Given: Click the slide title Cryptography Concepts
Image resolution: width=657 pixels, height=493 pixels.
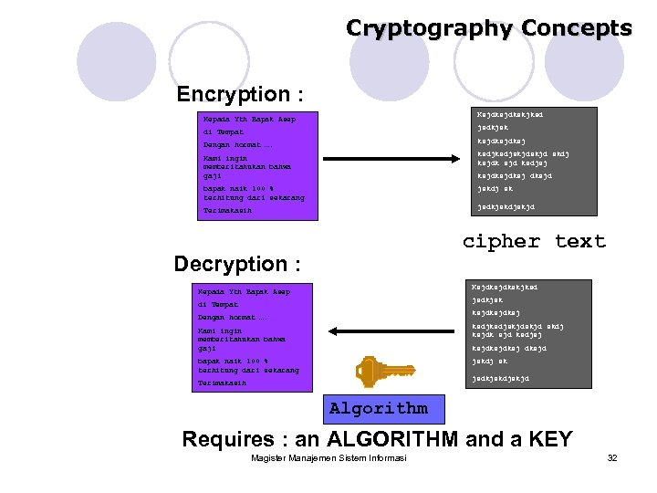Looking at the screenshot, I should pos(488,28).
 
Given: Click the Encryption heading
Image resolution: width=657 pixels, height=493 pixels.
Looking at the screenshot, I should pos(241,94).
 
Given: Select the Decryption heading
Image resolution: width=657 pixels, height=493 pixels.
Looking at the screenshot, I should pos(236,264).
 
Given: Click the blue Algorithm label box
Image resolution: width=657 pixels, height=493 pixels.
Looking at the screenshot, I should pos(378,408).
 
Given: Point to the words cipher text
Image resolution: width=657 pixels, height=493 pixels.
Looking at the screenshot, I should pos(534,241).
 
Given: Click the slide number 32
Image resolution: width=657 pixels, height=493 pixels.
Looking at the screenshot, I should pos(612,457).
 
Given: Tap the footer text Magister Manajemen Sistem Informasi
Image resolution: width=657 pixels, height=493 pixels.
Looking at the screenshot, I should pos(328,457).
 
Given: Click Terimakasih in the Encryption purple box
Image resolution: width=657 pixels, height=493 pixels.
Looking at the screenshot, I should pos(226,211).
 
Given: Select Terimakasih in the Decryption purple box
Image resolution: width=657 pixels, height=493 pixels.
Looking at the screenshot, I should pos(222,383).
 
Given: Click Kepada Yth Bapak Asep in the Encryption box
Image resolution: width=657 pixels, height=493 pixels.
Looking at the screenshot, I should pos(249,119).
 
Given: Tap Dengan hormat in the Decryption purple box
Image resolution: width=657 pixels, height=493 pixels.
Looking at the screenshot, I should pos(232,317).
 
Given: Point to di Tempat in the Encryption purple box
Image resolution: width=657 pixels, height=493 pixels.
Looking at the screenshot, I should pos(224,132).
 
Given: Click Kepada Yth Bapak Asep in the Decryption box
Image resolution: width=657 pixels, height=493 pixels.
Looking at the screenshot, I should pos(244,292).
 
